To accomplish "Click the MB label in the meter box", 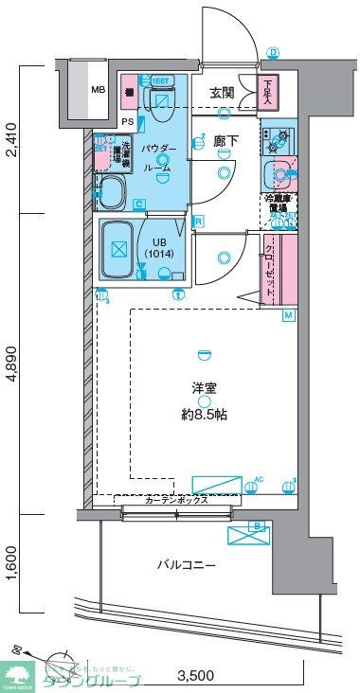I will coord(98,90).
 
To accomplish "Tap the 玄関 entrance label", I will coord(222,92).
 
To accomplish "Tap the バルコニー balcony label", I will coord(187,565).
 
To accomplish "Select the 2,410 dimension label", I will coord(11,142).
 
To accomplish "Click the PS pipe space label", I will coord(127,122).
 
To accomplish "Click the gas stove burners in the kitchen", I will coord(279,141).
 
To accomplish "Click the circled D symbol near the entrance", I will coord(273,52).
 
